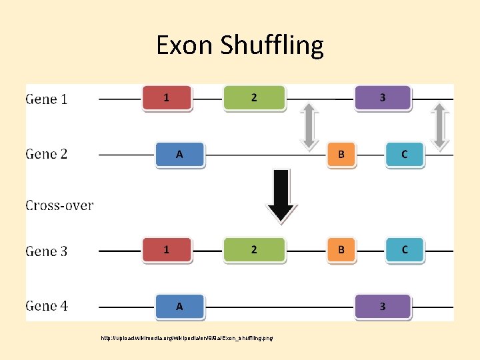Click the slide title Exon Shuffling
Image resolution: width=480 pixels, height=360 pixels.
tap(239, 45)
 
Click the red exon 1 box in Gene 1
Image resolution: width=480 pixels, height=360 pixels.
tap(167, 98)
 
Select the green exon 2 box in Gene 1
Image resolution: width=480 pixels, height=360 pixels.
tap(254, 98)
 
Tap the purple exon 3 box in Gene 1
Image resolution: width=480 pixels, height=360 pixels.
tap(382, 98)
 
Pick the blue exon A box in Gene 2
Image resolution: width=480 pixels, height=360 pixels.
tap(179, 155)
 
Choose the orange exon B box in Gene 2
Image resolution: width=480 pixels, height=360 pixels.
tap(341, 155)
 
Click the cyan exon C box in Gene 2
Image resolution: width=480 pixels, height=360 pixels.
tap(404, 155)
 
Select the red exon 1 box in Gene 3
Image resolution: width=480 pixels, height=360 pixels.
tap(167, 250)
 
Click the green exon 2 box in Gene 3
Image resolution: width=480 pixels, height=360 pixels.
tap(254, 250)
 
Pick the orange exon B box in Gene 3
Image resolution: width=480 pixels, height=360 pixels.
tap(341, 250)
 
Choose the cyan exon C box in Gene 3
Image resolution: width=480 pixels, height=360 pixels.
tap(404, 250)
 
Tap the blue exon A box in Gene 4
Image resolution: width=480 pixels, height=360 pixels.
tap(179, 307)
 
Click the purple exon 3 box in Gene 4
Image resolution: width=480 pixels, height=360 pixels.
tap(382, 307)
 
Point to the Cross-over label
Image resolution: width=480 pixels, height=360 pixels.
tap(59, 205)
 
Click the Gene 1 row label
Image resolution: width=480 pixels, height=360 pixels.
tap(47, 99)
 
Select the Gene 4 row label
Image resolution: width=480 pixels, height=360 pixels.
tap(47, 307)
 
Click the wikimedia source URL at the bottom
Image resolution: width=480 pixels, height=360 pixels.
tap(187, 338)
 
